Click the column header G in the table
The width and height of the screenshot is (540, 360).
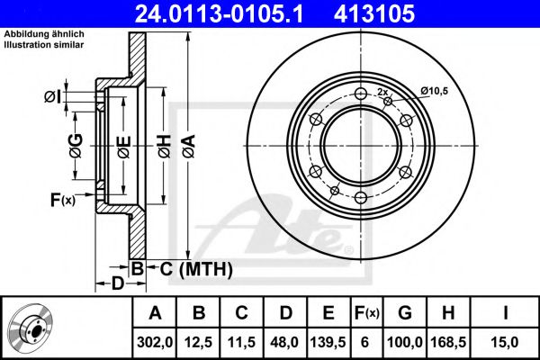404,313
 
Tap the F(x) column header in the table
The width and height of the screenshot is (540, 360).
366,313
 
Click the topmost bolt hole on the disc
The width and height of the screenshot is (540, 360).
361,93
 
